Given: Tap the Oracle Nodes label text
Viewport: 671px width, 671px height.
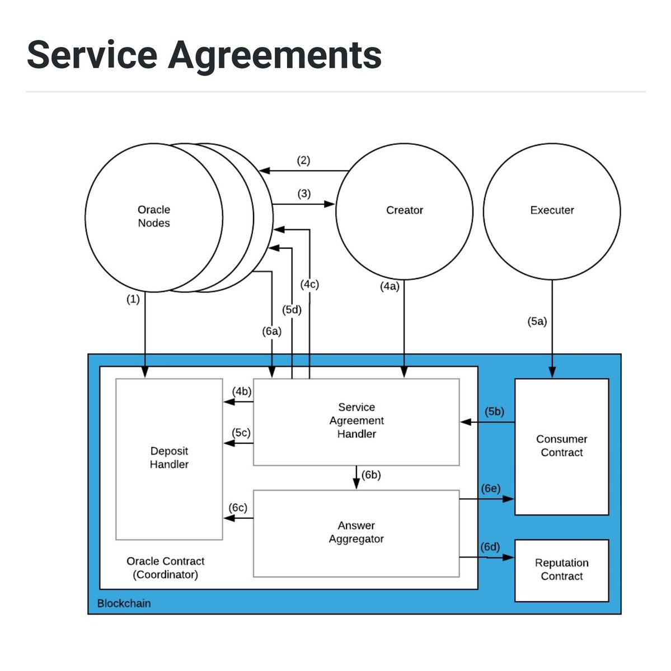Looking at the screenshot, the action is pos(154,216).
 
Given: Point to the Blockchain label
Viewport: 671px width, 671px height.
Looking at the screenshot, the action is pos(124,603).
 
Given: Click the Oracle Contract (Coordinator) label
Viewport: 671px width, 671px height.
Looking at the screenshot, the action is pos(165,568).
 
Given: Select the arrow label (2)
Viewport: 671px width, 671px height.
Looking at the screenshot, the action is pos(303,160).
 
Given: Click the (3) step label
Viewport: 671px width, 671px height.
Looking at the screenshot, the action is pos(304,193).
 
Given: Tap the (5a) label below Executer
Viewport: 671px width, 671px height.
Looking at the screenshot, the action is pos(537,321).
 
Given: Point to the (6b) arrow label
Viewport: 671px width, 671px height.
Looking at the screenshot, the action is pos(371,475).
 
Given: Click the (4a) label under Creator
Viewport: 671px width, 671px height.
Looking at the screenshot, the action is pos(390,286).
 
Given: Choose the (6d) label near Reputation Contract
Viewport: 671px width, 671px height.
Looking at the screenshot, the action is pos(490,547).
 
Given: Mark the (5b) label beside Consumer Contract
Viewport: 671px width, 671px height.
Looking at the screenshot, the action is pos(494,411).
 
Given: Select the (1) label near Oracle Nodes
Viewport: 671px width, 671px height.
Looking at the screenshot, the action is pos(133,299).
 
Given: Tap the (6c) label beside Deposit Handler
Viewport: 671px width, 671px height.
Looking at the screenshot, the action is pos(238,507).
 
